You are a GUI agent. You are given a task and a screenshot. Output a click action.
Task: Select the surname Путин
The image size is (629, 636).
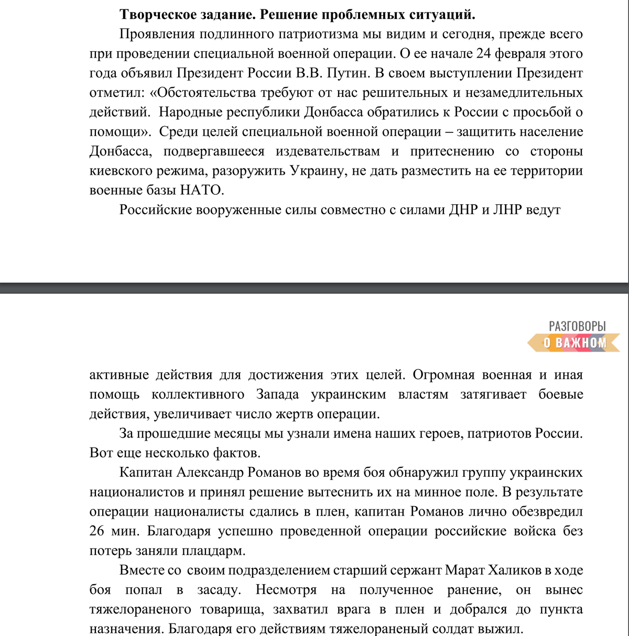347,73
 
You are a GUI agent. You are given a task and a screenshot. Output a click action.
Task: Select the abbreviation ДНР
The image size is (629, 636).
463,210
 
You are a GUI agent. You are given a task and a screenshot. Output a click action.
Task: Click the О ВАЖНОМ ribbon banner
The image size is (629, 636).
574,343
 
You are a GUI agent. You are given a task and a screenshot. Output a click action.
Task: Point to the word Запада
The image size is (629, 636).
278,394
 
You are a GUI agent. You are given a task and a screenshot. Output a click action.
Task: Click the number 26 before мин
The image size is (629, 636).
97,531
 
